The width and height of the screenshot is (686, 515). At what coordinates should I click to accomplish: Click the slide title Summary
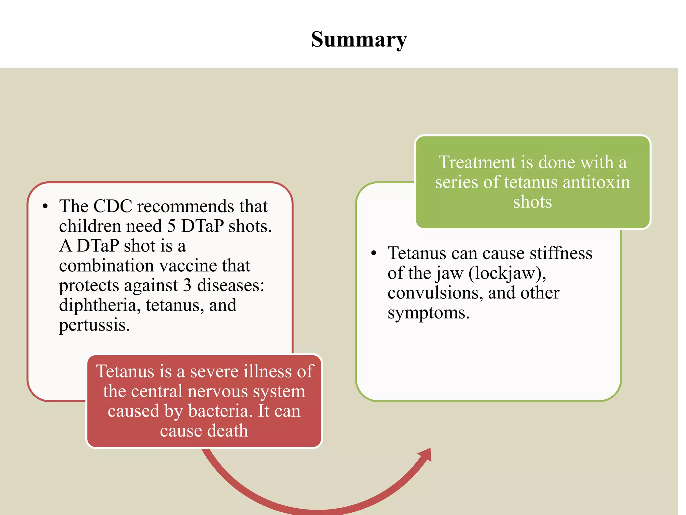tap(359, 40)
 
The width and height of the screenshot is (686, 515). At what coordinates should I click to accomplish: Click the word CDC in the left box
tap(113, 206)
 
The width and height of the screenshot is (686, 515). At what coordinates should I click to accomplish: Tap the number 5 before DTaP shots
tap(171, 226)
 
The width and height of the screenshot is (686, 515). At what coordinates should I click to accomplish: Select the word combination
tap(106, 266)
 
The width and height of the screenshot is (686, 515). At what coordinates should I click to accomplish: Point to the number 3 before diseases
tap(187, 285)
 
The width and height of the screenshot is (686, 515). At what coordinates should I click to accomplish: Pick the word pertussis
tap(94, 325)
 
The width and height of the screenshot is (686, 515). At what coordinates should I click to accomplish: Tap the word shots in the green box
tap(532, 202)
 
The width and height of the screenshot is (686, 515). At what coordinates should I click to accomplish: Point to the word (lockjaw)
tap(507, 274)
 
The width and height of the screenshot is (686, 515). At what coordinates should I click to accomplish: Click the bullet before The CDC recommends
tap(45, 207)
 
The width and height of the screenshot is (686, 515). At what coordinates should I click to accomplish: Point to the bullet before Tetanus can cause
tap(374, 253)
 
